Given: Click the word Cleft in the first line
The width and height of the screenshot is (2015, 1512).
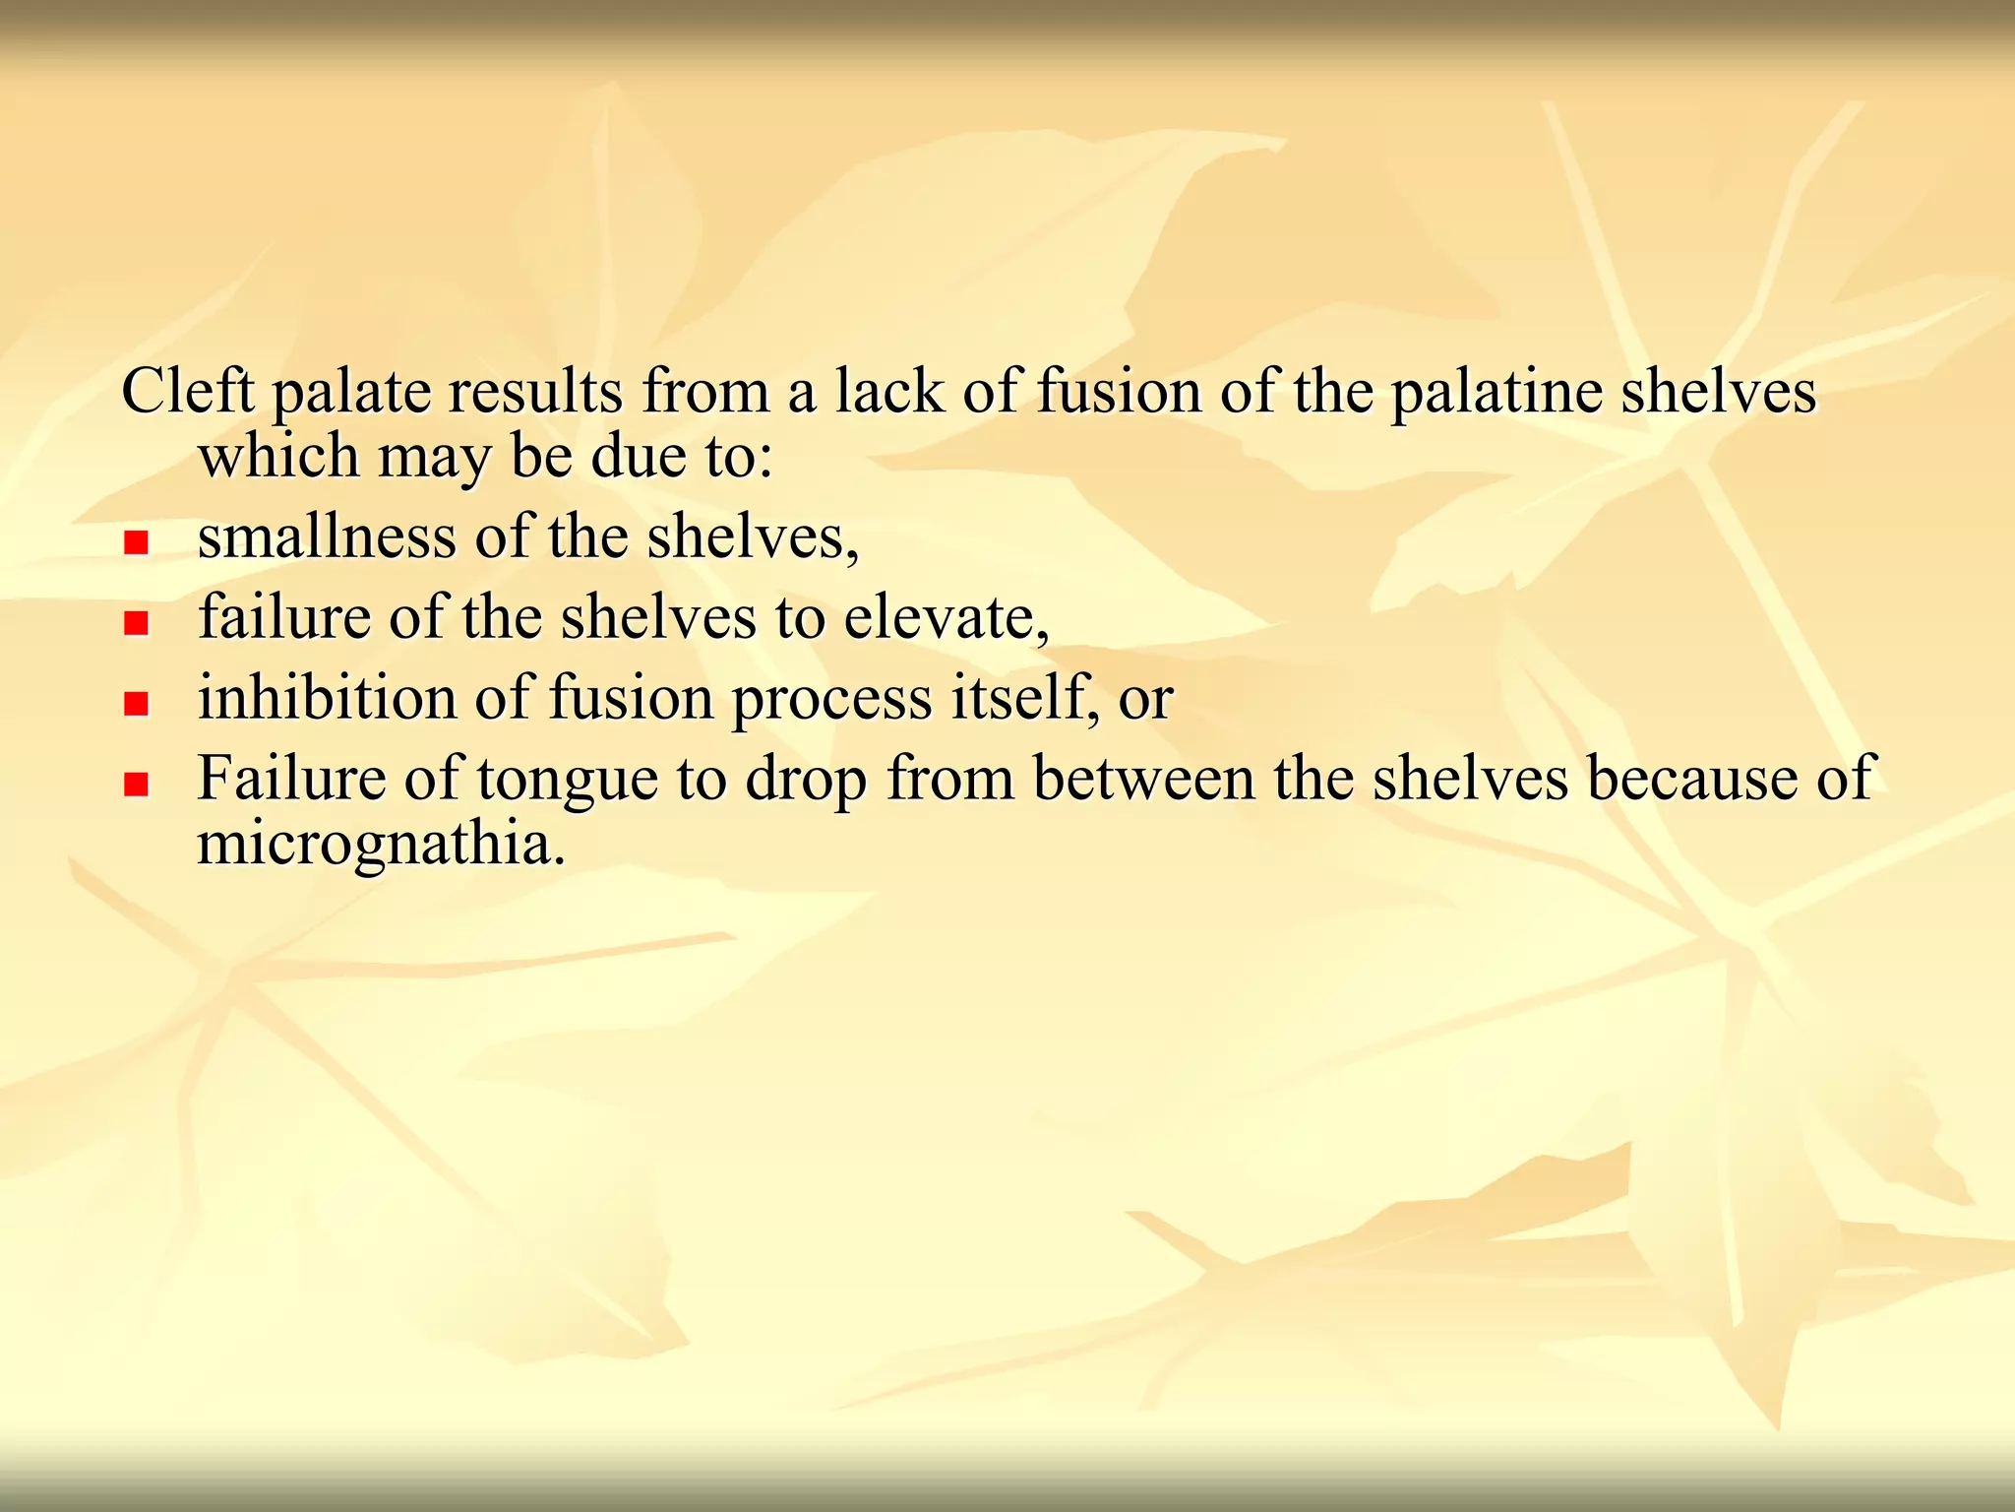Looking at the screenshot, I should [x=188, y=391].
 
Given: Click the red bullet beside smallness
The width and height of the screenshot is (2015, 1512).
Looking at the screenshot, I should [x=136, y=542].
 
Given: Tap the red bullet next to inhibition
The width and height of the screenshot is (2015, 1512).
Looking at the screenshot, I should [x=136, y=703].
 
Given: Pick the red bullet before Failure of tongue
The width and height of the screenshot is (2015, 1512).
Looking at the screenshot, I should [x=136, y=784].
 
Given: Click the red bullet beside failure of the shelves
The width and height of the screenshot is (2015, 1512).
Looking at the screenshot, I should [x=136, y=623].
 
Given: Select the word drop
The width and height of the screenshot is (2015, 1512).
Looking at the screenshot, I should [x=806, y=781].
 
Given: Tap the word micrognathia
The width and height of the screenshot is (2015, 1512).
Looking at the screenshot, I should [x=382, y=846].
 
